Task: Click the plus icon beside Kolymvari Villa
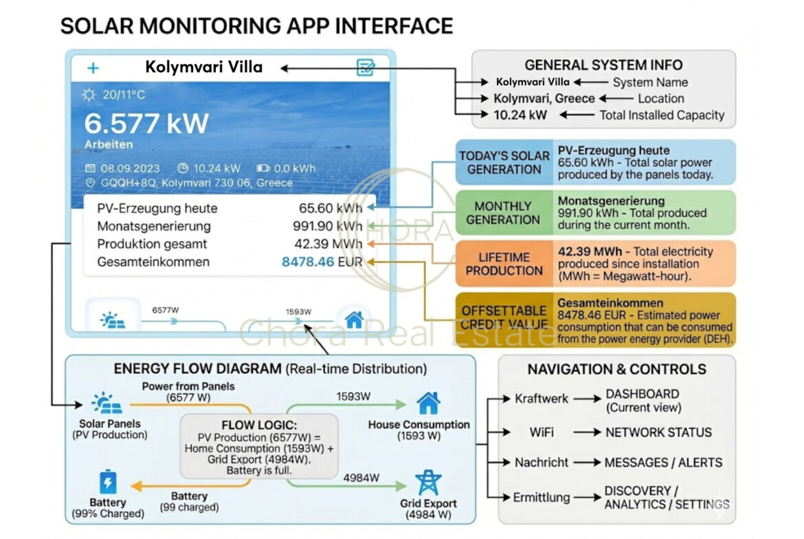[x=93, y=68]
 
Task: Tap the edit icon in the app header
[x=366, y=67]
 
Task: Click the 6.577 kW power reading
[x=146, y=123]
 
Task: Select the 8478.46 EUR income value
[x=322, y=262]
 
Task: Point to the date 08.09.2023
[x=130, y=168]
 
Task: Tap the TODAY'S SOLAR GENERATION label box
[x=504, y=163]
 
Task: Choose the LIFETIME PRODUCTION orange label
[x=504, y=264]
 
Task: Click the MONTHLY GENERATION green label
[x=504, y=213]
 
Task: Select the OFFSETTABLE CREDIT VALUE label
[x=504, y=318]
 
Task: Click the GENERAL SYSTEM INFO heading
[x=603, y=65]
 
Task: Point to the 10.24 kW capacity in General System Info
[x=520, y=115]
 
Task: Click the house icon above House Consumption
[x=428, y=402]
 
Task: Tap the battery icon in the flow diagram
[x=108, y=481]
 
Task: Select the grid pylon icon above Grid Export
[x=428, y=482]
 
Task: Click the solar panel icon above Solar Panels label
[x=109, y=403]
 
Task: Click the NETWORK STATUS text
[x=658, y=433]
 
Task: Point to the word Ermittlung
[x=541, y=497]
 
